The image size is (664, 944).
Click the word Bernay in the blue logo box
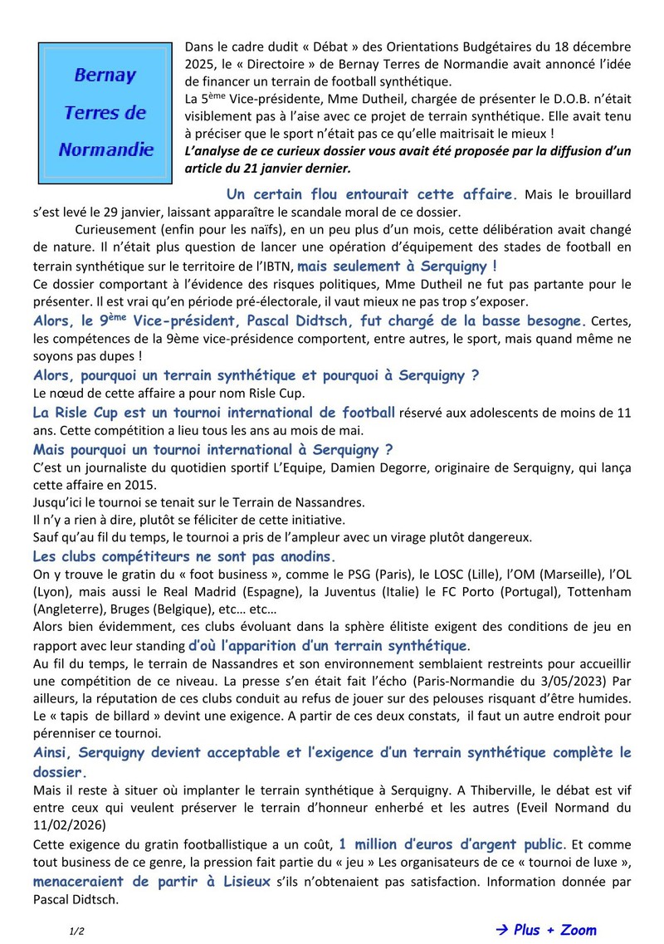(x=105, y=76)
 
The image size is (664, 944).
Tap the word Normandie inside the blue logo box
(x=105, y=149)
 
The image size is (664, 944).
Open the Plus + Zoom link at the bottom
(x=554, y=929)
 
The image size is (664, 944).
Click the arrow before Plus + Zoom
(x=501, y=929)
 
